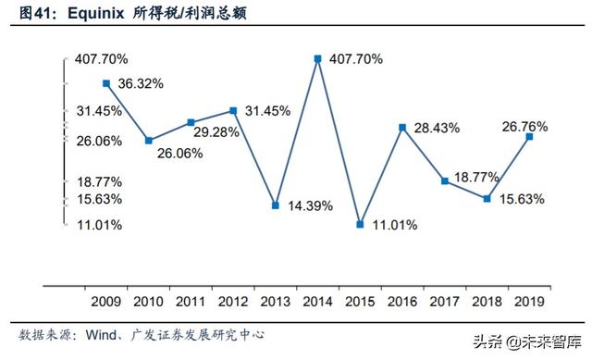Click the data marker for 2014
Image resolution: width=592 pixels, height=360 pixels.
coord(318,58)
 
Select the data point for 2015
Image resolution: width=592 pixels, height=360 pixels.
coord(361,224)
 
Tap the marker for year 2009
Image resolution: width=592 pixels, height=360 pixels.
coord(106,83)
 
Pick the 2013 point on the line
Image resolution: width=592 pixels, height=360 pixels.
coord(276,205)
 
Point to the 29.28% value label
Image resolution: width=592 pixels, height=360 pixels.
coord(215,132)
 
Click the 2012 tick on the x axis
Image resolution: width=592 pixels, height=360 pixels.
coord(232,300)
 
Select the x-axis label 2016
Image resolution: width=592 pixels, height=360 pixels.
coord(402,300)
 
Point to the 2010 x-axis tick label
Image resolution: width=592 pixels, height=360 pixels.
coord(148,300)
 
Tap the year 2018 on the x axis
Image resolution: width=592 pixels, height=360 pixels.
coord(487,300)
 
